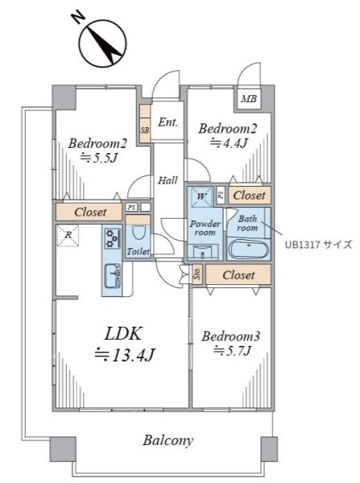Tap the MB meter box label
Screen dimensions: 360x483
pos(248,99)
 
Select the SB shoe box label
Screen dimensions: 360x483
pos(144,130)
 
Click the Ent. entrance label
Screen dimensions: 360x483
pos(168,122)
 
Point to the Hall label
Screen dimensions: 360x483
pos(168,180)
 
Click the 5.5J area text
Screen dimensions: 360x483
pos(99,158)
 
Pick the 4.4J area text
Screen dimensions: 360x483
pos(229,142)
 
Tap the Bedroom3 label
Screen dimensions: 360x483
pos(231,336)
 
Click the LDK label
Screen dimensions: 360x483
pos(123,333)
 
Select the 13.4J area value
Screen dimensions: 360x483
pos(125,355)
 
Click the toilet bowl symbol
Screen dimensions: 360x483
pos(139,231)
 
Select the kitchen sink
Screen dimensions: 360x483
pos(112,275)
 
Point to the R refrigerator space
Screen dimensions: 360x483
pos(68,235)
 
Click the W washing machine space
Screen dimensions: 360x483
pos(201,196)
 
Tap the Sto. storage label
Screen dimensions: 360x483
pos(197,274)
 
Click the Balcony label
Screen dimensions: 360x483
pos(168,440)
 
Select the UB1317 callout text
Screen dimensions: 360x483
pos(318,245)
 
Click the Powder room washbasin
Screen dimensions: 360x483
pos(203,252)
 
